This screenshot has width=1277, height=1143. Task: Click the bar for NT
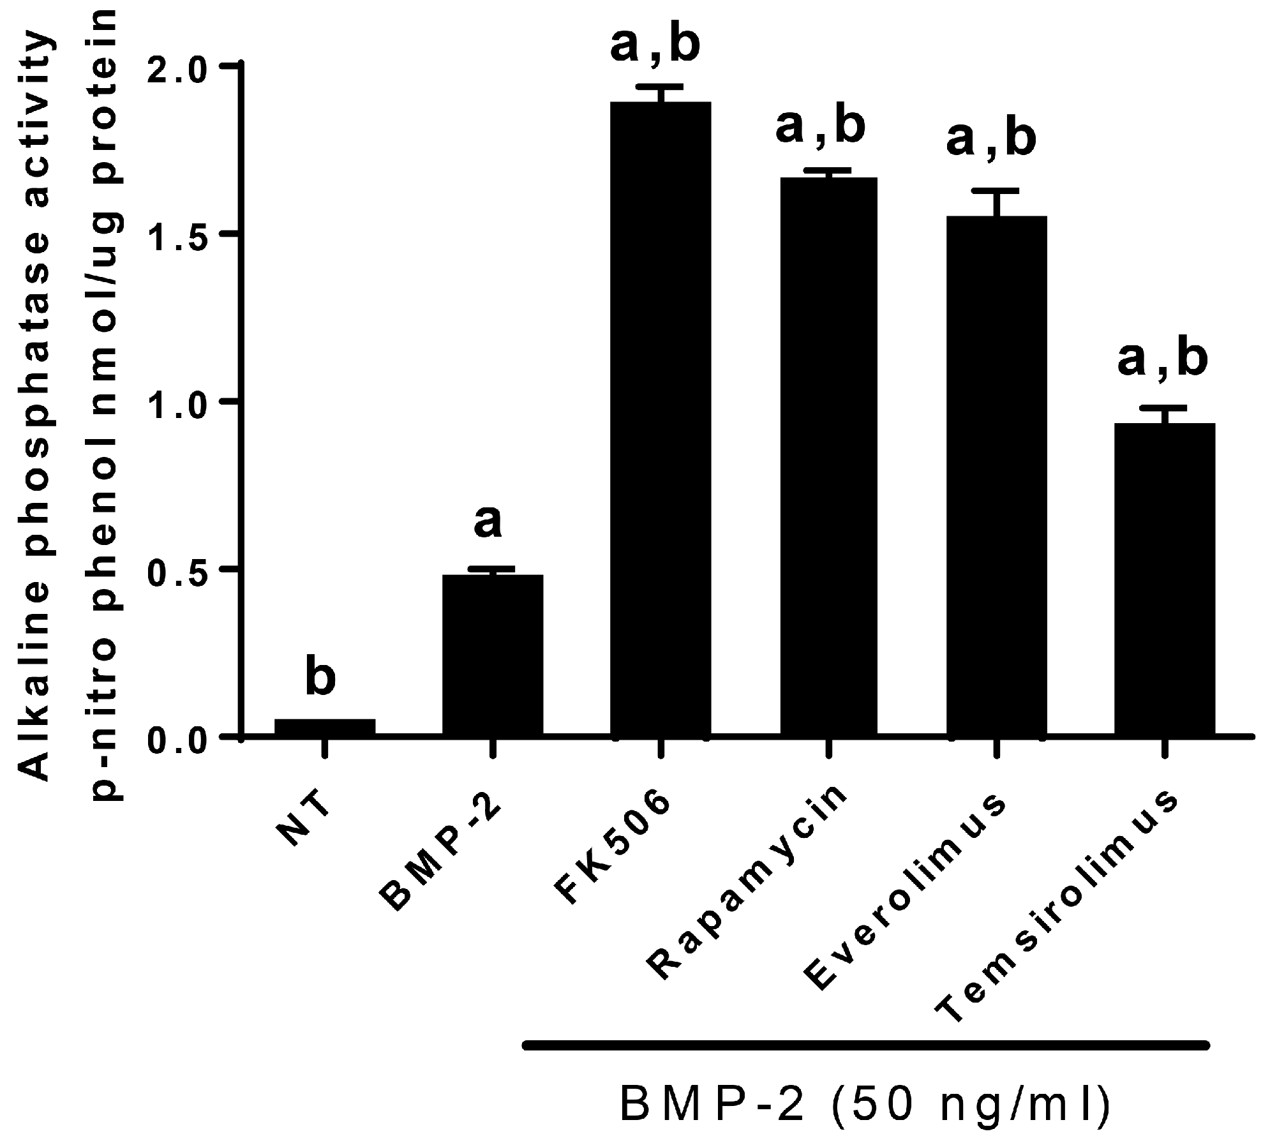click(324, 727)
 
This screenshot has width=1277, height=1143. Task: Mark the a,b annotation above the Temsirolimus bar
click(1162, 359)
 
